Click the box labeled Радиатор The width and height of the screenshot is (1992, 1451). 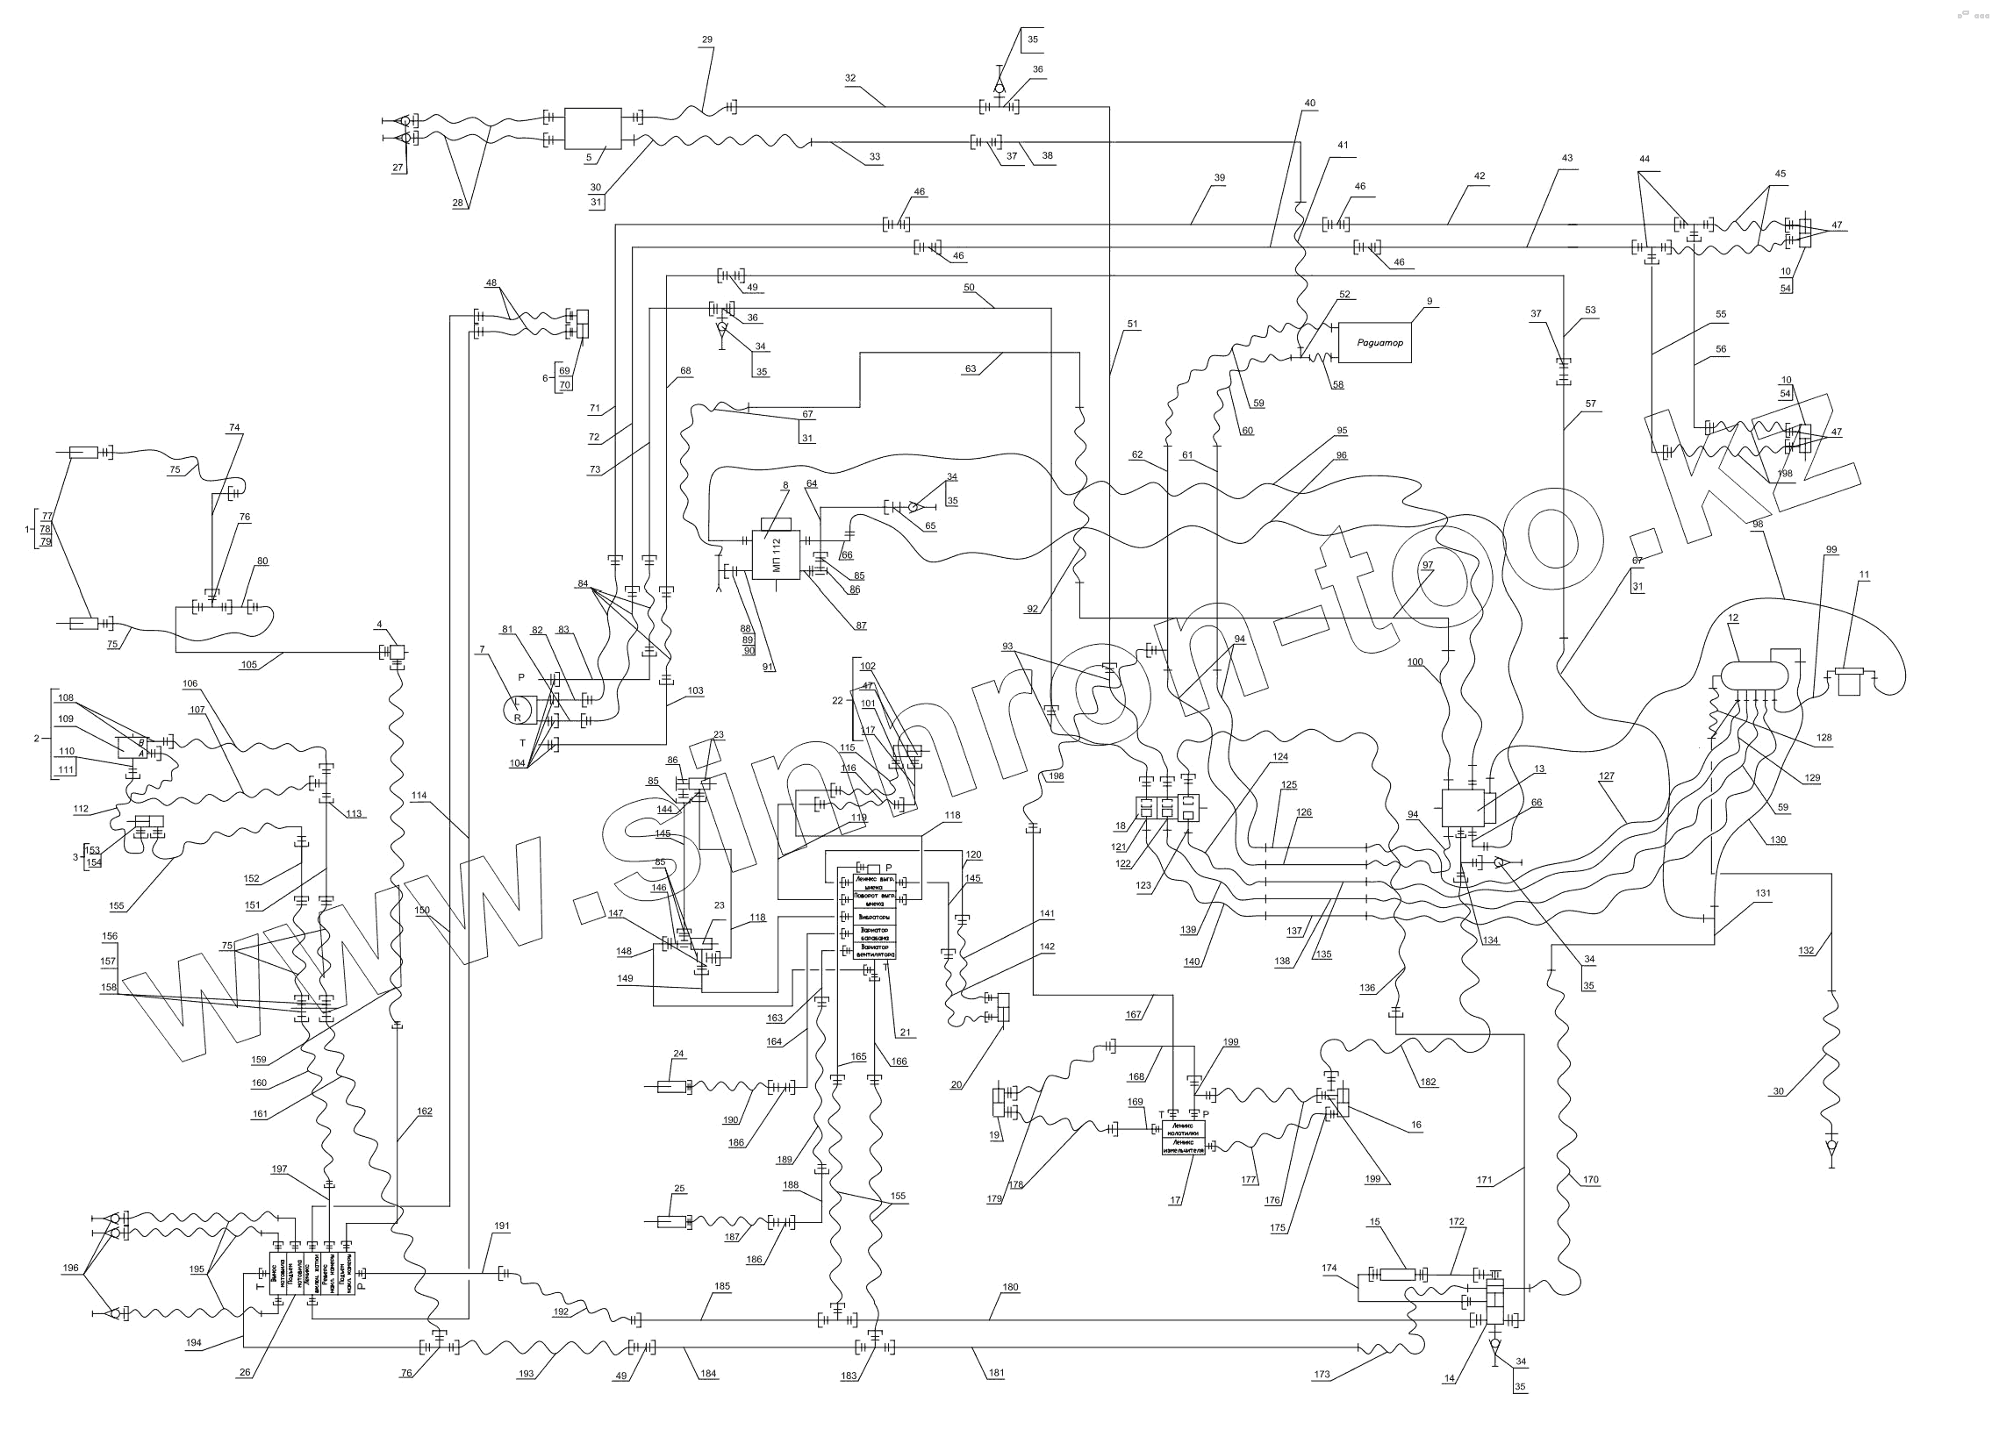tap(1373, 342)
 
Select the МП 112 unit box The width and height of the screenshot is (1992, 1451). tap(776, 555)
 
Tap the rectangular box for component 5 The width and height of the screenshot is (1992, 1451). tap(592, 128)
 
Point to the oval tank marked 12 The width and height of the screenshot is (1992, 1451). tap(1754, 675)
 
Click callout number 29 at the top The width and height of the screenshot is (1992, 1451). tap(707, 39)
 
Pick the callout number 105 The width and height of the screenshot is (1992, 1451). tap(249, 665)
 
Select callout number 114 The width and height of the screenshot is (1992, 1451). tap(419, 796)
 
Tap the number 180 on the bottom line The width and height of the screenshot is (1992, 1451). tap(1011, 1288)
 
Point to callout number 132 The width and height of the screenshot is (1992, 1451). tap(1807, 950)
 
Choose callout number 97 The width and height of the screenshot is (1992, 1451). tap(1428, 565)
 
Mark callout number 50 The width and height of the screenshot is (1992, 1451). tap(969, 287)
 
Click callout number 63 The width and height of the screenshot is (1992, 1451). tap(970, 369)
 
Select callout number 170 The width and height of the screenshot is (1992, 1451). tap(1590, 1180)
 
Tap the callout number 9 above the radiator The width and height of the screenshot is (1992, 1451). tap(1430, 301)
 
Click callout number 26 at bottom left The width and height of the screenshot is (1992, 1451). tap(245, 1373)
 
